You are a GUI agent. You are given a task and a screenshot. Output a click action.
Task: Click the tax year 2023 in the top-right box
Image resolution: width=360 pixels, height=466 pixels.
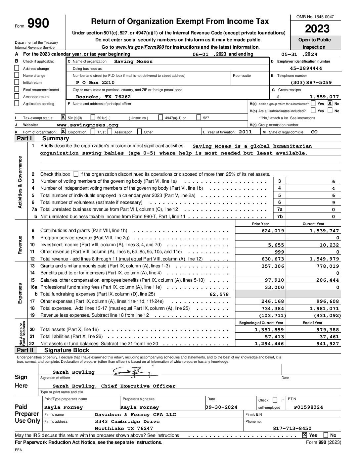click(317, 29)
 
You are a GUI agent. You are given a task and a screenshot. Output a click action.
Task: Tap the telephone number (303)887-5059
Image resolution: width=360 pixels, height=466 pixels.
click(311, 83)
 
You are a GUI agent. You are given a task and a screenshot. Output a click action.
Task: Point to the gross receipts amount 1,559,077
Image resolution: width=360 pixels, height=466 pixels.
click(324, 97)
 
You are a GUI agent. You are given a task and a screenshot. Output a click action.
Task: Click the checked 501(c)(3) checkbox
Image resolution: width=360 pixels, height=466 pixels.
click(63, 117)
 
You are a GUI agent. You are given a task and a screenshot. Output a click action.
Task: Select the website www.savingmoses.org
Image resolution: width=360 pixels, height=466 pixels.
click(87, 125)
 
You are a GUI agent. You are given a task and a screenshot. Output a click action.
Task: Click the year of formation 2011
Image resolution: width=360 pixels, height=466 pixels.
click(245, 132)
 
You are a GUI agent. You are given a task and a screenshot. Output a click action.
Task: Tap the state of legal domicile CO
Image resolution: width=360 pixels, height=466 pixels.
click(314, 132)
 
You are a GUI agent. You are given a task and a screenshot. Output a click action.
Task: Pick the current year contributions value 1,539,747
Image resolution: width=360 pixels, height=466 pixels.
click(324, 231)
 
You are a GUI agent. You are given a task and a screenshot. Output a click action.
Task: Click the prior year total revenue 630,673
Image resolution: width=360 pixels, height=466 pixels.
click(273, 259)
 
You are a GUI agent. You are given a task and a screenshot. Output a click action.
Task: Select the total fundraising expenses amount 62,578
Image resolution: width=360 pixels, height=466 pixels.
click(219, 295)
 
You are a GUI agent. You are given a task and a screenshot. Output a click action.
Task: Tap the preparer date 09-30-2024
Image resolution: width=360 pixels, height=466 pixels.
click(221, 407)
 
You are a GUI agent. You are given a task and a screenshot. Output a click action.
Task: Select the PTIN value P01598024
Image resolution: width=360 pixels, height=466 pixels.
click(308, 407)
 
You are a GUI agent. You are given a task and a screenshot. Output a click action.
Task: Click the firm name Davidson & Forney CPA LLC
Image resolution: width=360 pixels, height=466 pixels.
click(135, 415)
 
